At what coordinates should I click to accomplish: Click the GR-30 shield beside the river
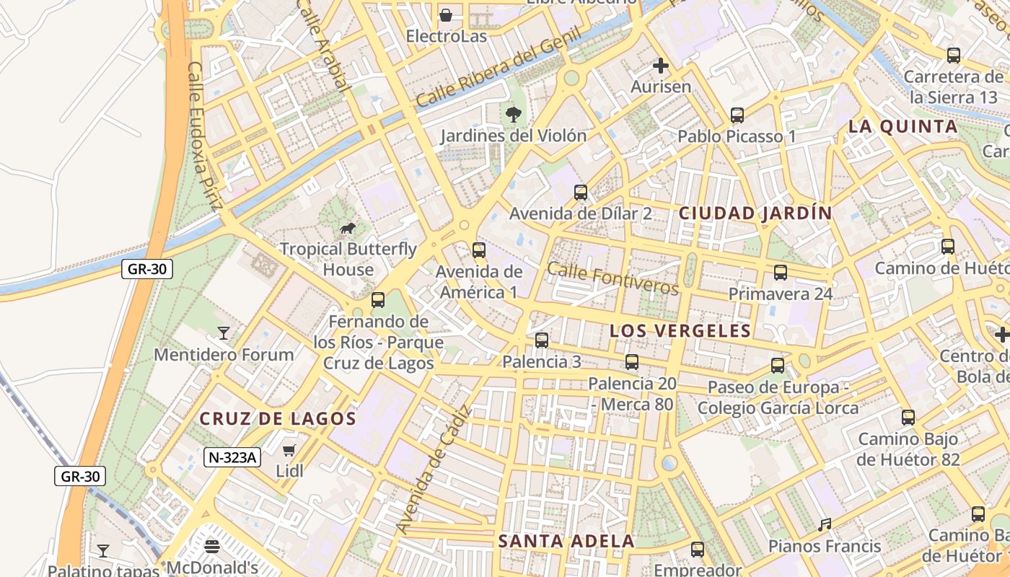147,270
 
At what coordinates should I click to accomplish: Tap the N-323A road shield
232,457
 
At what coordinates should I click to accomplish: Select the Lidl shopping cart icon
289,451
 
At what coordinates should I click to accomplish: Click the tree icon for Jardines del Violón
514,114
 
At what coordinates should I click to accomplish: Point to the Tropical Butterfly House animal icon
348,229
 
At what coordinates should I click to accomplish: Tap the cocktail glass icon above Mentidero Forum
224,333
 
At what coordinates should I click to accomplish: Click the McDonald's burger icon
212,546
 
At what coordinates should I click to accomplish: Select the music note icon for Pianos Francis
825,525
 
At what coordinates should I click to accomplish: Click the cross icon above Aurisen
660,66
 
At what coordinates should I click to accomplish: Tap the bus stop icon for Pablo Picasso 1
737,115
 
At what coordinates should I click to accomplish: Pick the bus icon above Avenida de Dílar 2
581,193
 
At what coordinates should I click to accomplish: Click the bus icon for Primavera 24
781,273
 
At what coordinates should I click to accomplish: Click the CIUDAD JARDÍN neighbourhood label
755,213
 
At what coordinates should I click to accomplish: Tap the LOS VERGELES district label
680,331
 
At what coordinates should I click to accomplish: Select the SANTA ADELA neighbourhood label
566,541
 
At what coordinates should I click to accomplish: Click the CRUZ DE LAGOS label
278,419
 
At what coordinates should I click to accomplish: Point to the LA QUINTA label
903,127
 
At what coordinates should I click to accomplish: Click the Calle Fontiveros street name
613,278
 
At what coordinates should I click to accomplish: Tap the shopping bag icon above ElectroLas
446,14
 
